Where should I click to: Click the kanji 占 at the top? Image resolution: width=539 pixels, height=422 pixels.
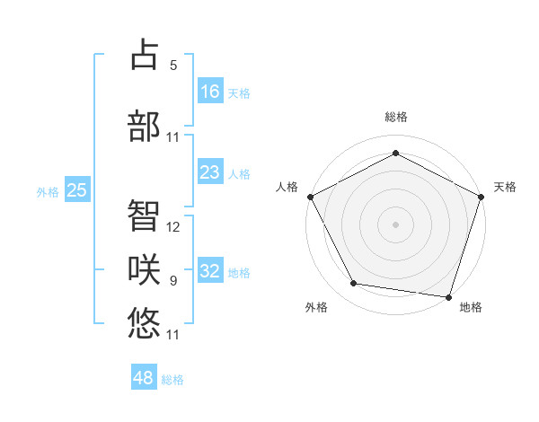click(x=144, y=56)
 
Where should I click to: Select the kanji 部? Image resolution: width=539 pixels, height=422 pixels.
click(x=144, y=126)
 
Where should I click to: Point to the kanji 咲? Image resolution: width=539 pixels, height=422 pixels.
click(x=144, y=269)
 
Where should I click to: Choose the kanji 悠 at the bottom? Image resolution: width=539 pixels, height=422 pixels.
click(x=144, y=321)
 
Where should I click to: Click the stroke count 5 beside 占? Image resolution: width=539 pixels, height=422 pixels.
click(x=173, y=66)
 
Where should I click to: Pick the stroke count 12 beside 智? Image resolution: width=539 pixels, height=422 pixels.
click(x=173, y=227)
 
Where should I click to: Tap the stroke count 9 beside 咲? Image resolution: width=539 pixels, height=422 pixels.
click(x=173, y=281)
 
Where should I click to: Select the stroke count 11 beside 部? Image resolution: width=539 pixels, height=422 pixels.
click(x=173, y=137)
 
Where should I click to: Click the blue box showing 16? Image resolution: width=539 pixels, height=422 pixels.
click(x=209, y=91)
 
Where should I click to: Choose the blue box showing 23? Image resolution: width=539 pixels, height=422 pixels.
click(x=209, y=172)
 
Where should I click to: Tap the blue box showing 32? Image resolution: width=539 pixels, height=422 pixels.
click(x=209, y=271)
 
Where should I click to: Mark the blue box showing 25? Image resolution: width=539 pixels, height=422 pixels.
click(x=77, y=190)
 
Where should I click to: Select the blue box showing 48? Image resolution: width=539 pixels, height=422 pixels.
click(x=144, y=378)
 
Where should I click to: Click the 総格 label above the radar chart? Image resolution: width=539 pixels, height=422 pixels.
click(x=395, y=118)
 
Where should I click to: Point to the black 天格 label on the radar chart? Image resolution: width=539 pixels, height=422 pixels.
click(x=505, y=187)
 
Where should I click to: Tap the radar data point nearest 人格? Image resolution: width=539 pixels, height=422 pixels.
click(x=311, y=196)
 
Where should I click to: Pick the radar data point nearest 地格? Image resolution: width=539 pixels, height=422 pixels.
click(x=448, y=296)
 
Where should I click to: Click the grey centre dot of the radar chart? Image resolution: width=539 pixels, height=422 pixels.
click(x=395, y=224)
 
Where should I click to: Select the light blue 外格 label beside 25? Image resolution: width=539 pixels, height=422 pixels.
click(x=48, y=191)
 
